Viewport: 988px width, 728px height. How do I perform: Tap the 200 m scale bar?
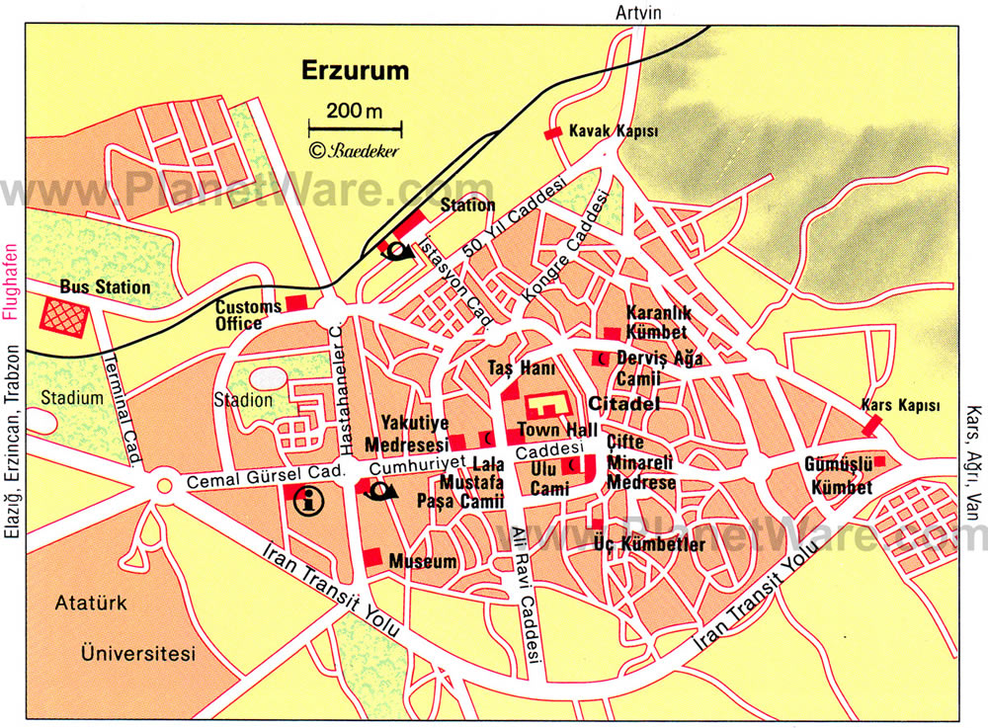tap(355, 127)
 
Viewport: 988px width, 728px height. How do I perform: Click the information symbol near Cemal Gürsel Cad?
tap(309, 500)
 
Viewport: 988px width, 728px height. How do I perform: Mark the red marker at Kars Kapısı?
tap(871, 425)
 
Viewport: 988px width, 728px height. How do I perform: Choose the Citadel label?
tap(623, 404)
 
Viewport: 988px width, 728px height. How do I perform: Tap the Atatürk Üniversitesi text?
tap(138, 626)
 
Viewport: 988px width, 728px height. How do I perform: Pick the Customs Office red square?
tap(296, 302)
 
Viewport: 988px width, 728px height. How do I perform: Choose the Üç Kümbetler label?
tap(650, 543)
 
